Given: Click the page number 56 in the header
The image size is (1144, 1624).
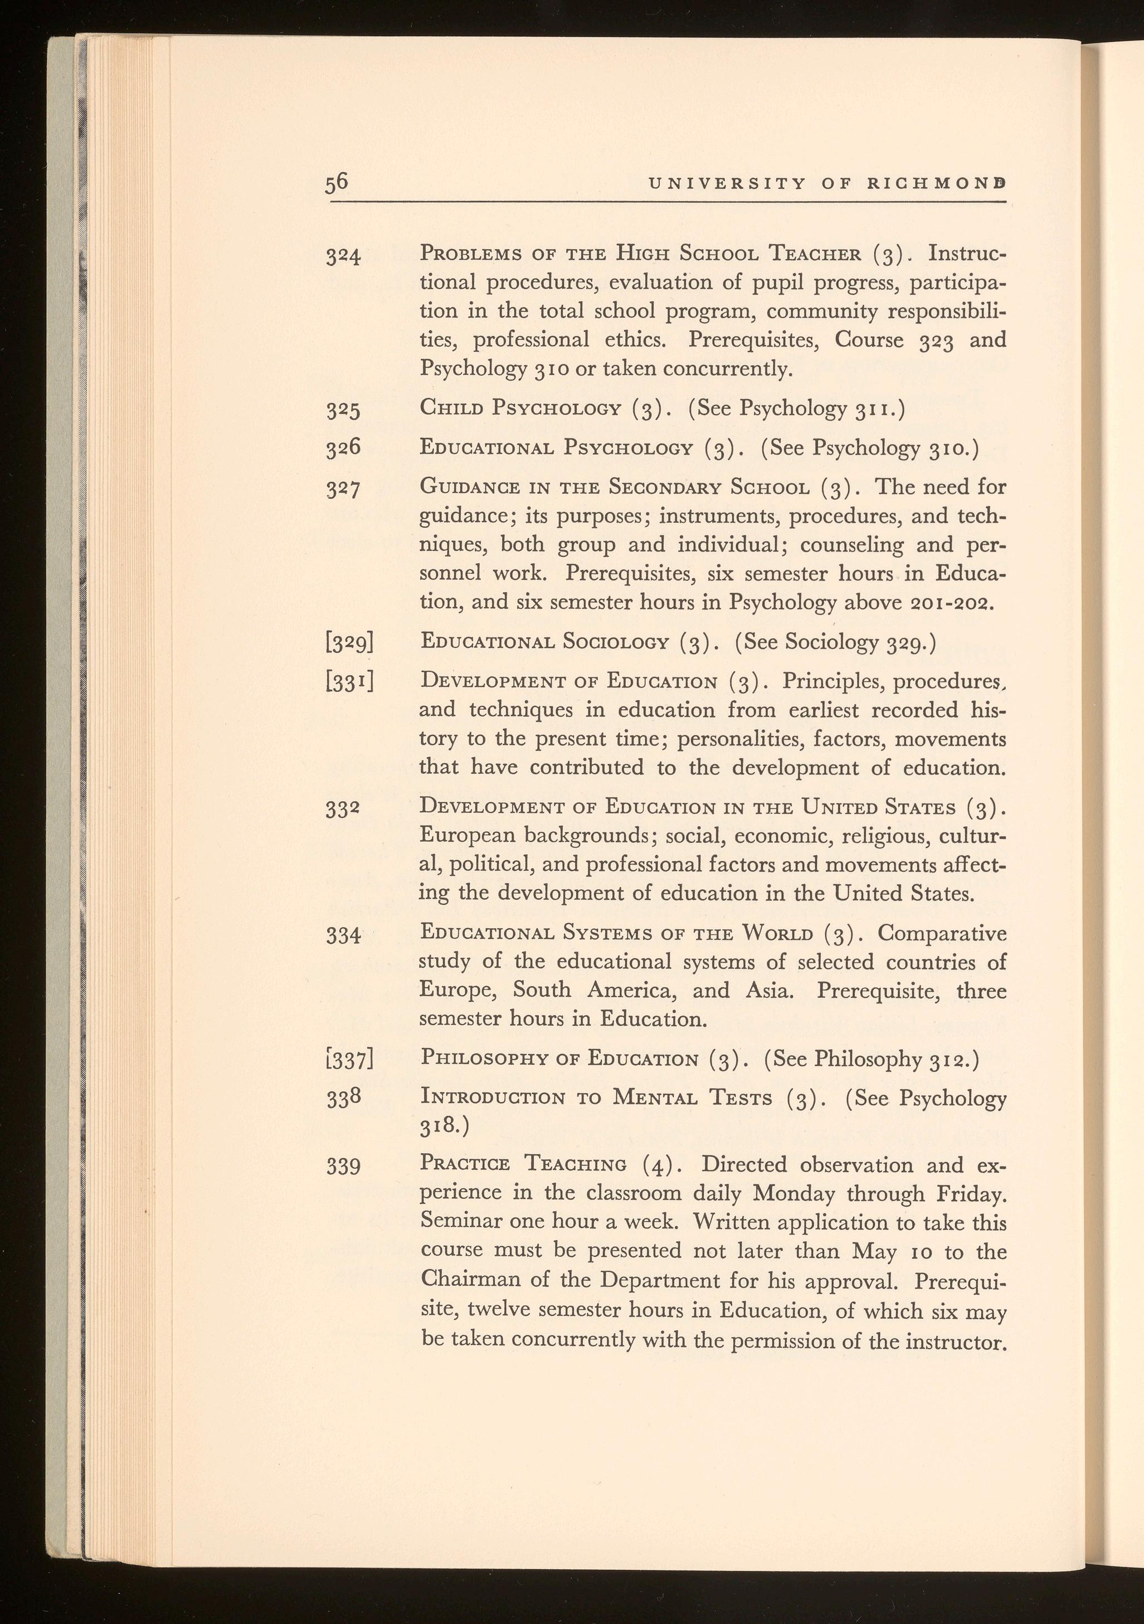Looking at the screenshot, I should point(337,183).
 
